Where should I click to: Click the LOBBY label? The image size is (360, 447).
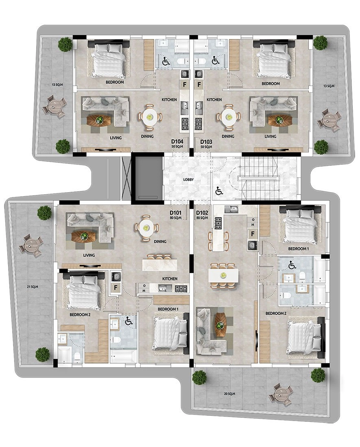point(188,180)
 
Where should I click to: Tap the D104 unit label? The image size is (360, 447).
point(177,141)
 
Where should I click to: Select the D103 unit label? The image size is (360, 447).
point(206,141)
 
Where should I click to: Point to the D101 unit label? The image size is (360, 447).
point(175,213)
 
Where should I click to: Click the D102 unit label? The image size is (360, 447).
point(202,213)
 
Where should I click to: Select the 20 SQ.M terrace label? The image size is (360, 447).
point(229,394)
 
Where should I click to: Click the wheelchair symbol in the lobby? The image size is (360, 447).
point(219,191)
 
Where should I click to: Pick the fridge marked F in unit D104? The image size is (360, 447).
point(184,85)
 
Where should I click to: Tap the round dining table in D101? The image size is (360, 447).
point(146,228)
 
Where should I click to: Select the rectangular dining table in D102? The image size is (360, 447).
point(224,276)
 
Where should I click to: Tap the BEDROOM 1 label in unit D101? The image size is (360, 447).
point(168,309)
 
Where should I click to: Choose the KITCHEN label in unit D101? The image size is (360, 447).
point(170,278)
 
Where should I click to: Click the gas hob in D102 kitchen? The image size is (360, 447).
point(218,223)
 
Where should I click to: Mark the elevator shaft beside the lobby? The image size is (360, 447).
point(147,178)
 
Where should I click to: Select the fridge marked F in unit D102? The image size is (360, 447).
point(253,234)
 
